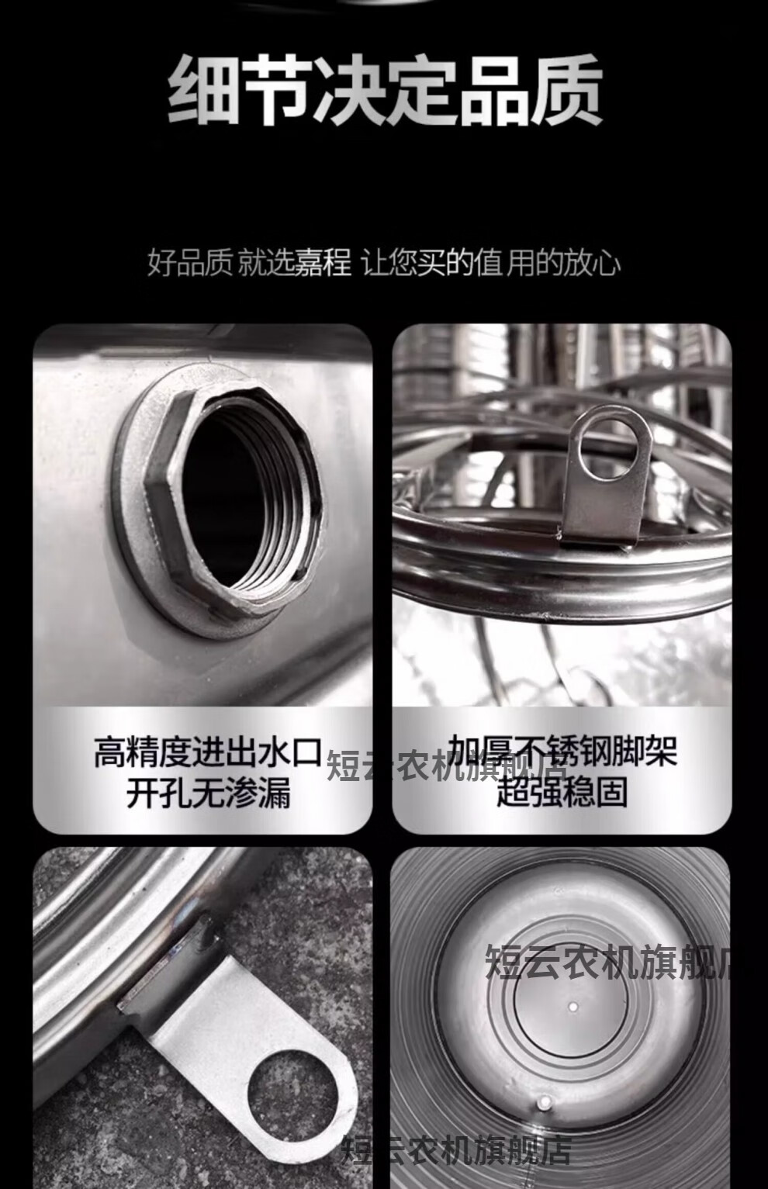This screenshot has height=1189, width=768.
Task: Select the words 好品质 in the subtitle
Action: click(190, 263)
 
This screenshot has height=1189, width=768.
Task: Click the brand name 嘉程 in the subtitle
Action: click(323, 263)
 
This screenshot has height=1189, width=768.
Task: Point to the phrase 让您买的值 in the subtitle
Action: click(431, 263)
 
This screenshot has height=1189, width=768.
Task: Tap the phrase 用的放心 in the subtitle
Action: click(562, 263)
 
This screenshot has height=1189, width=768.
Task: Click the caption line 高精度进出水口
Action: click(208, 752)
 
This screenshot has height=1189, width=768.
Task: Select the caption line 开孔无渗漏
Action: click(208, 792)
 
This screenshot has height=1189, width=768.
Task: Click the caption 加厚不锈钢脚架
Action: click(562, 751)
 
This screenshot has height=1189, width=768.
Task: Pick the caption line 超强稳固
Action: click(562, 791)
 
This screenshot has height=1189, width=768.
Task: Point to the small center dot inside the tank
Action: click(573, 1005)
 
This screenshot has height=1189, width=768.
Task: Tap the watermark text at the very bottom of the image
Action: click(457, 1149)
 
